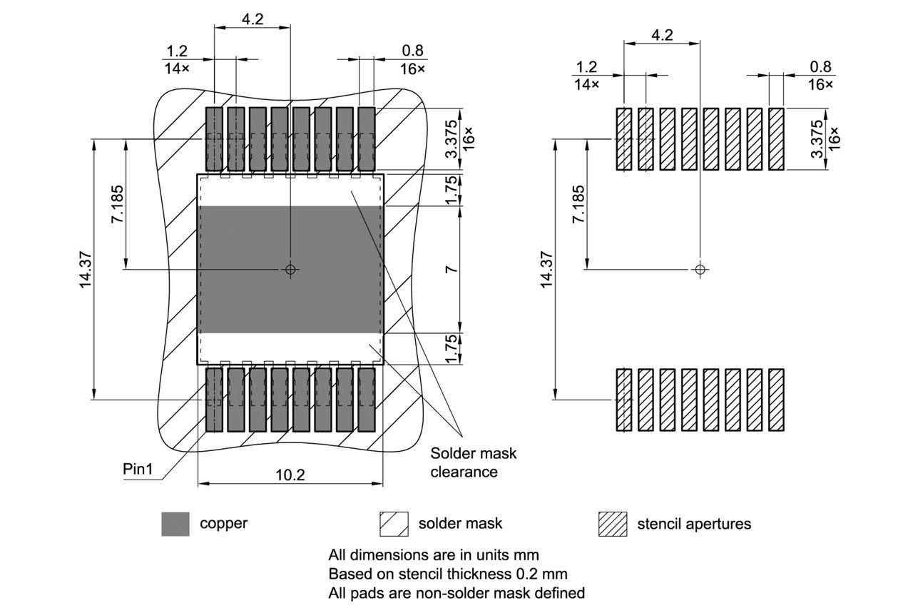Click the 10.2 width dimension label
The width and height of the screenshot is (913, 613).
(290, 475)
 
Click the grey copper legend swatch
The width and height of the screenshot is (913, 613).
(175, 524)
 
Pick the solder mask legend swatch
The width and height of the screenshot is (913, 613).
(394, 524)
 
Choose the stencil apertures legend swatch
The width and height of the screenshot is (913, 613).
(613, 524)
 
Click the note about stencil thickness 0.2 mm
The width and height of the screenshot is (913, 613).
(448, 574)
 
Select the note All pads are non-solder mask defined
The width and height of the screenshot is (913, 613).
(456, 593)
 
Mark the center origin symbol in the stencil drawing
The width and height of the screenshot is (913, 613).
(700, 269)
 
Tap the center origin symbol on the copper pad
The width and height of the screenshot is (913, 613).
(290, 269)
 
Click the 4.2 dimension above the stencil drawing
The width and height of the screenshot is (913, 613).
(662, 35)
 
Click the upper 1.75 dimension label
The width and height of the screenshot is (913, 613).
(451, 190)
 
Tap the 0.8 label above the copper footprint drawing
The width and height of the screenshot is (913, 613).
(412, 51)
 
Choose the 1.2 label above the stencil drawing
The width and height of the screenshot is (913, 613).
(586, 67)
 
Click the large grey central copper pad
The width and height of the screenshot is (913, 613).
(290, 300)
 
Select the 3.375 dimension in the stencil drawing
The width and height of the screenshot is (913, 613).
(818, 139)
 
